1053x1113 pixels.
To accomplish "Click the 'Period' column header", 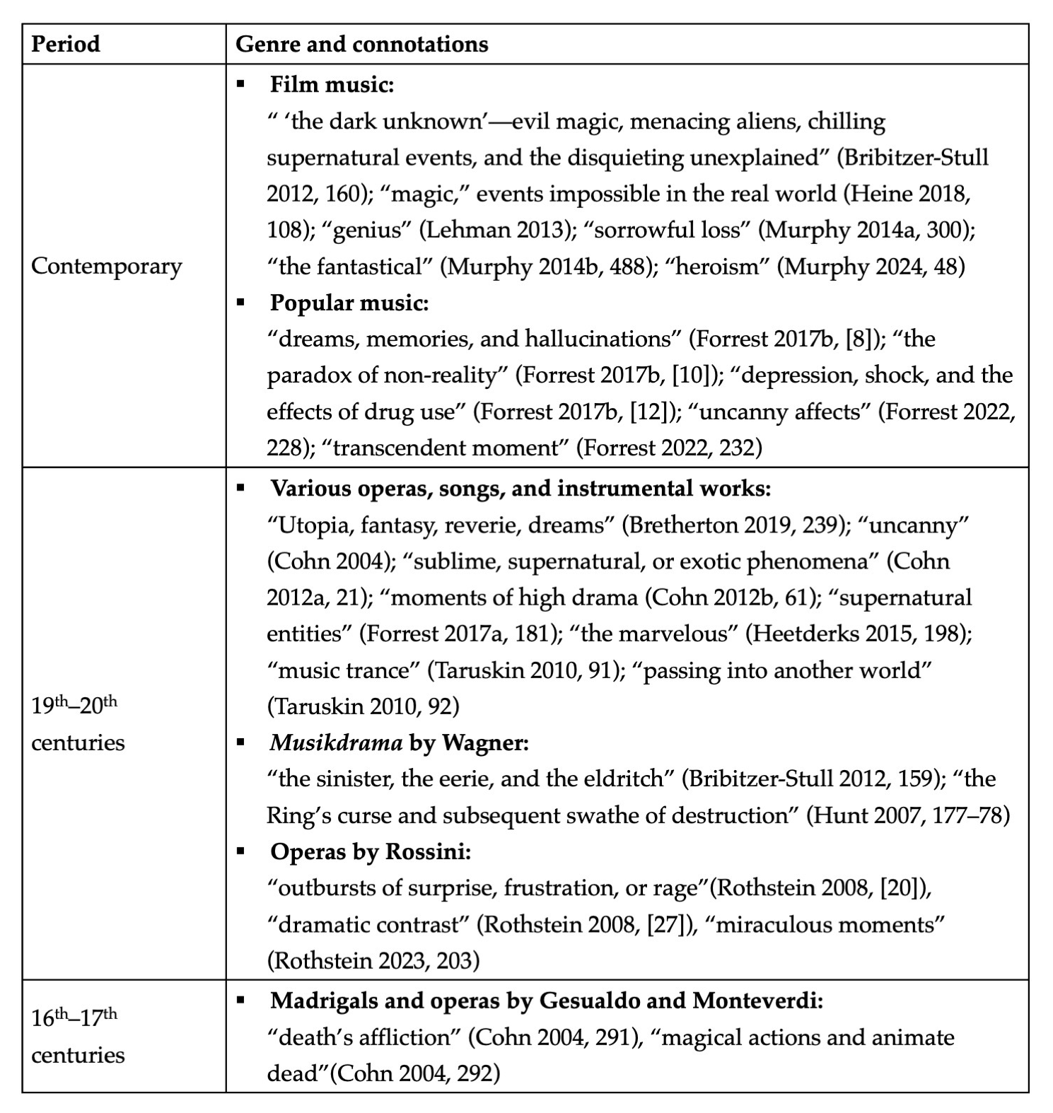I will coord(66,44).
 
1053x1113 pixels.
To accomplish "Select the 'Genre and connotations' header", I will coord(361,44).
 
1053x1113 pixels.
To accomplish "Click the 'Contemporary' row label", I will coord(107,266).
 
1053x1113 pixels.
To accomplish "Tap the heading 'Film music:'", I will coord(332,85).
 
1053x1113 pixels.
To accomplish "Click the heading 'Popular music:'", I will coord(349,303).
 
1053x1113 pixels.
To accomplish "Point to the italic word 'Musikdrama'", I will coord(336,742).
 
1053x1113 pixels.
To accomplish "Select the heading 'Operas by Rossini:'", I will coord(371,851).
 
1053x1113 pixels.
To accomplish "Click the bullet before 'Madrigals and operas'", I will coord(241,1000).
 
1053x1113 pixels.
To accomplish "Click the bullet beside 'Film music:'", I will coord(241,84).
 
